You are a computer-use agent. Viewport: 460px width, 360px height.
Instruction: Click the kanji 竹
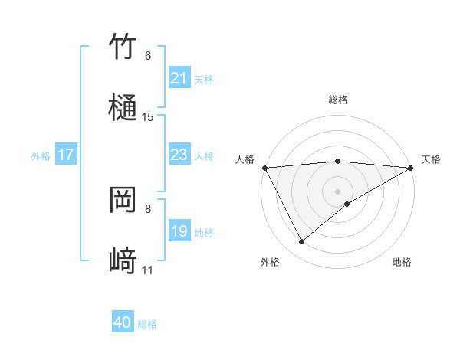[x=123, y=47]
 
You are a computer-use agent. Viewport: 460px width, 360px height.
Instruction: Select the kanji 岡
[x=123, y=200]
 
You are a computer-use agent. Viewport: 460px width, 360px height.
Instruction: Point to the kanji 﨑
[x=123, y=261]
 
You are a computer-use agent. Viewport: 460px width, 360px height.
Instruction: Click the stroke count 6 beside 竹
[x=148, y=56]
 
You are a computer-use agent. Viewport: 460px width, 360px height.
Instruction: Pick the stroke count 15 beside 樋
[x=148, y=117]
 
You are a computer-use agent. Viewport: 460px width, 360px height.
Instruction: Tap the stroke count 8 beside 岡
[x=148, y=208]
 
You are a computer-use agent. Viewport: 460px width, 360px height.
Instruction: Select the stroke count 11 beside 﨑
[x=148, y=270]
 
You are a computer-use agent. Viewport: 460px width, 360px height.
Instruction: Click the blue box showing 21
[x=179, y=78]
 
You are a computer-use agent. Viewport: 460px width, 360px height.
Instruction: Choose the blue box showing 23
[x=179, y=155]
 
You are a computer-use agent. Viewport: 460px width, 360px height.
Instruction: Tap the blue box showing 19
[x=179, y=231]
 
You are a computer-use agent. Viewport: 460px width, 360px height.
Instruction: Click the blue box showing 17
[x=66, y=155]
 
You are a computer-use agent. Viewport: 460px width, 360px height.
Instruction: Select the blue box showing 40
[x=123, y=323]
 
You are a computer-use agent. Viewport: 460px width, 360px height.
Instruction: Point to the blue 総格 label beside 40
[x=147, y=324]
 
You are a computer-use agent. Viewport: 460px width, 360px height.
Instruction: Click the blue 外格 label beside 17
[x=41, y=155]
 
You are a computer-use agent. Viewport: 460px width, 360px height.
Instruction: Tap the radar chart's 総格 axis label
[x=338, y=100]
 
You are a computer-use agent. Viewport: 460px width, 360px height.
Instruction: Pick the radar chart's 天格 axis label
[x=431, y=159]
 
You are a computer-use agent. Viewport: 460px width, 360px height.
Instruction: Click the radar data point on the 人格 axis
[x=264, y=168]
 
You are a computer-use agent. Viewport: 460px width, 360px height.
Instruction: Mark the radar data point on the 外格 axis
[x=301, y=242]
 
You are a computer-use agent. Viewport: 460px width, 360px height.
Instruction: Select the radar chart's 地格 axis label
[x=402, y=263]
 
